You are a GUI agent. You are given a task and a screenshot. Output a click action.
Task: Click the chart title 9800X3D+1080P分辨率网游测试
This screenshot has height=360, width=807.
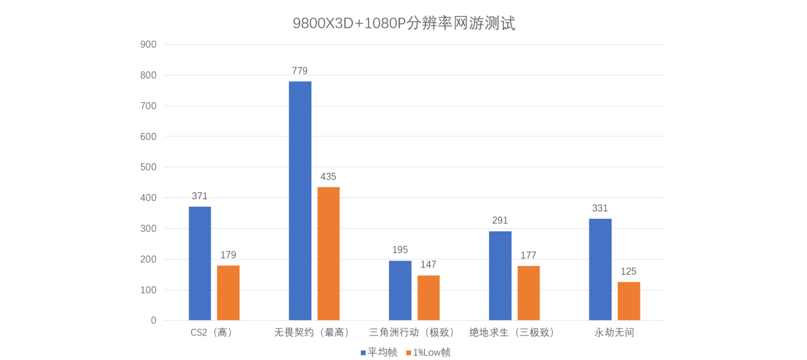tap(403, 23)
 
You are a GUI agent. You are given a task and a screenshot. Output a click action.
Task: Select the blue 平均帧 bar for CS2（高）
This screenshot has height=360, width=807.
tap(200, 264)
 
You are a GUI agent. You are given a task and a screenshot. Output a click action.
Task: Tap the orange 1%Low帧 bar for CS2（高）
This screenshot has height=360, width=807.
tap(228, 293)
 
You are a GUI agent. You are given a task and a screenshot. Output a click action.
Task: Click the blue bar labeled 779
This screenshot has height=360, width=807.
tap(300, 200)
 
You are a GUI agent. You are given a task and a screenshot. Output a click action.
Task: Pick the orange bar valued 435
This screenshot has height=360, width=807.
tap(328, 253)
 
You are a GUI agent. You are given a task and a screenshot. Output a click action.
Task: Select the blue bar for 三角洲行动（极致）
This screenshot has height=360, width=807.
tap(400, 291)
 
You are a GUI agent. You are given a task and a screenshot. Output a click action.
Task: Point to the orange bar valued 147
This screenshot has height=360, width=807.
tap(429, 298)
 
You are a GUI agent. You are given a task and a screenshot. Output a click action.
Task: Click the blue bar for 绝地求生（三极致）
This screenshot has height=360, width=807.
tap(500, 276)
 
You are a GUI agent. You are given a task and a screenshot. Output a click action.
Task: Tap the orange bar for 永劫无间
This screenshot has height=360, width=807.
tap(629, 301)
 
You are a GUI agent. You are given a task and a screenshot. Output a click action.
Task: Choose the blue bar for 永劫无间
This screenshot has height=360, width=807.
tap(600, 270)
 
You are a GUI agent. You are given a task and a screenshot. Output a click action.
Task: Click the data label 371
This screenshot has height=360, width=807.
tap(200, 196)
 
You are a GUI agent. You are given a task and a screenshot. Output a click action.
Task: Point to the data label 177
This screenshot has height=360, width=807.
tap(528, 255)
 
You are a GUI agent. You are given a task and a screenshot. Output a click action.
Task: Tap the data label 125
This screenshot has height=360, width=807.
tap(629, 272)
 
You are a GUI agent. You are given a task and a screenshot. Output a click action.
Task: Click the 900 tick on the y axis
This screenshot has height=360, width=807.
tap(149, 44)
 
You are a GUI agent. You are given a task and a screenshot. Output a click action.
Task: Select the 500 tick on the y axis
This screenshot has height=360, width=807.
tap(149, 167)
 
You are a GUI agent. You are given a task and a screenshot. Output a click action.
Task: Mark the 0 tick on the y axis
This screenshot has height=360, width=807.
tap(153, 320)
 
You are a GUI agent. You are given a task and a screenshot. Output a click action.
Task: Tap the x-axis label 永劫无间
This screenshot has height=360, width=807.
tap(614, 332)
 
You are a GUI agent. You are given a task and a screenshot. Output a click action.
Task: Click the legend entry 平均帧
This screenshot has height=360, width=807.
tap(379, 352)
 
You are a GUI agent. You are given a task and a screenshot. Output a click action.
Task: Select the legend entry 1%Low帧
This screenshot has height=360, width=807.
tap(428, 352)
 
